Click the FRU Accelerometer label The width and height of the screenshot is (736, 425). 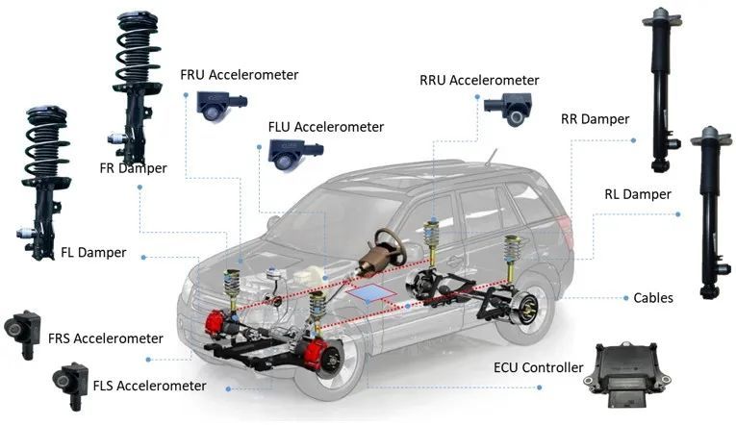tap(239, 74)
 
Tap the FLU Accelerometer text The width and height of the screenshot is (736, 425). tap(325, 127)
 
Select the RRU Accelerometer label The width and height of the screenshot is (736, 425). tap(478, 80)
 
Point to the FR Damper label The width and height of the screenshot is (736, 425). tap(133, 168)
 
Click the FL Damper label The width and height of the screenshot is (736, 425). tap(94, 253)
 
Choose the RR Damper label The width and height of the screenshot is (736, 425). tap(595, 119)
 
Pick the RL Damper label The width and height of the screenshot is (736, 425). tap(638, 194)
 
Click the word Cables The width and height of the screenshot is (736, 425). tap(653, 298)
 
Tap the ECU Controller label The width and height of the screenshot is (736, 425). tap(538, 367)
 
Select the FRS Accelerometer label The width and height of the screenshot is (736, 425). tap(105, 338)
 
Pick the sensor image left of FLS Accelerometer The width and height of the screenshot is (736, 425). tap(71, 379)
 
